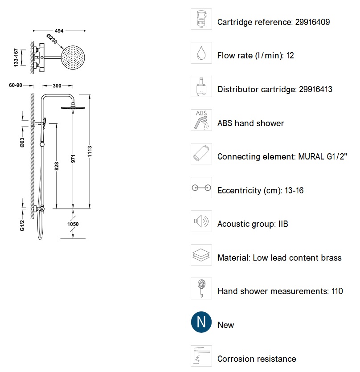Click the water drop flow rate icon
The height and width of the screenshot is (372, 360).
pos(201,53)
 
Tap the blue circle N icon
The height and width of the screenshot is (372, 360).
pos(201,322)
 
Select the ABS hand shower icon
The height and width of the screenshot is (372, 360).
pos(201,120)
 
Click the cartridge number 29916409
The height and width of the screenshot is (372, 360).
pos(312,22)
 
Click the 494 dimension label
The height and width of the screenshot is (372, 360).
pos(59,31)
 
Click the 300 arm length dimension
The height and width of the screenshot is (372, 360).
pos(57,86)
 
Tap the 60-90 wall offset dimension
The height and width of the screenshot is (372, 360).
pos(15,86)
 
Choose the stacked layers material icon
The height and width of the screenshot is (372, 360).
pos(201,255)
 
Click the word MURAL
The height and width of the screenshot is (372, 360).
pos(307,156)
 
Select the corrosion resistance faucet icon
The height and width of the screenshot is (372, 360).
pos(201,356)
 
